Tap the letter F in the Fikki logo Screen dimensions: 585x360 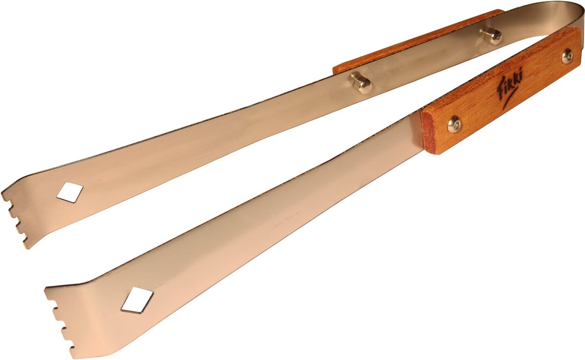pyautogui.click(x=499, y=90)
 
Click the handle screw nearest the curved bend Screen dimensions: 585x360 pyautogui.click(x=567, y=56)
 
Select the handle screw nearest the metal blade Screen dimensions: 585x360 pyautogui.click(x=454, y=125)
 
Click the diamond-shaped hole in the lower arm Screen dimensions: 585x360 pyautogui.click(x=137, y=300)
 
